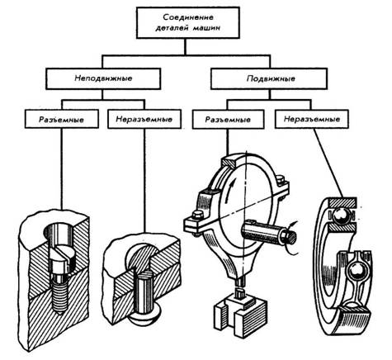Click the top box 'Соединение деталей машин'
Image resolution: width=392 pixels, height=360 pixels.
188,22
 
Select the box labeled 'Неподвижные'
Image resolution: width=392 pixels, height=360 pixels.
103,78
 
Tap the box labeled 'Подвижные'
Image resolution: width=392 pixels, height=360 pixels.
269,78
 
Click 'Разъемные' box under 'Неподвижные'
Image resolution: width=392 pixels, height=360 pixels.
62,119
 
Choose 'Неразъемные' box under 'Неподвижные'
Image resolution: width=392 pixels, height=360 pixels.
144,119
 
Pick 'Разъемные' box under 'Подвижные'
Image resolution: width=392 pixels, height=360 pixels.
229,119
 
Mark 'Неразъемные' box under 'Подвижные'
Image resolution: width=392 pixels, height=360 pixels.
312,119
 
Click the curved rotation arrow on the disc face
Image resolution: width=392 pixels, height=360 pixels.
229,191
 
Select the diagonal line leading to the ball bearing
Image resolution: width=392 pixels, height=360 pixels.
328,163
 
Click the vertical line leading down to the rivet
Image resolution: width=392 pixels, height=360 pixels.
144,181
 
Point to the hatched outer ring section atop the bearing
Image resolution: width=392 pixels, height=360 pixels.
342,202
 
